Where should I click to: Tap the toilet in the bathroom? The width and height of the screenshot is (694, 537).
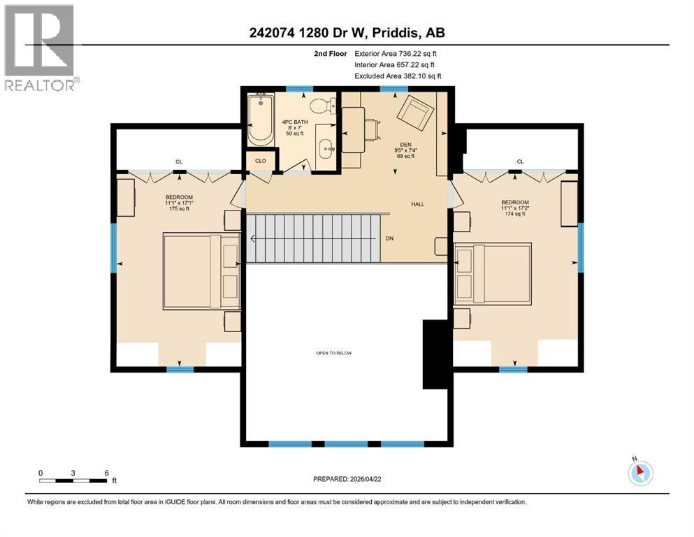pos(320,108)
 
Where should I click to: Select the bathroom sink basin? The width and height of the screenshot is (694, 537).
pos(326,148)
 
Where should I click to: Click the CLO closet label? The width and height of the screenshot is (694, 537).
pos(261,160)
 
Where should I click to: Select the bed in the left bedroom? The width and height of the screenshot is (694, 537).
pos(202,272)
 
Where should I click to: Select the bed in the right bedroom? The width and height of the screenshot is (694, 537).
pos(492,273)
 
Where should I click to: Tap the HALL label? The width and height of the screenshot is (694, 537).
pos(417,204)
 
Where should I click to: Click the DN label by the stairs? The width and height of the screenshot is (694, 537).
pos(390,238)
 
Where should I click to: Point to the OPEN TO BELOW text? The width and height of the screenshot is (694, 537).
pos(333,353)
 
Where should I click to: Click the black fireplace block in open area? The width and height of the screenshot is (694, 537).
pos(434,353)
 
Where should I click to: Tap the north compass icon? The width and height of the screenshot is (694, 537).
pos(639,472)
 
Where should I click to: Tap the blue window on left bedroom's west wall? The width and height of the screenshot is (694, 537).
pos(114,248)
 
